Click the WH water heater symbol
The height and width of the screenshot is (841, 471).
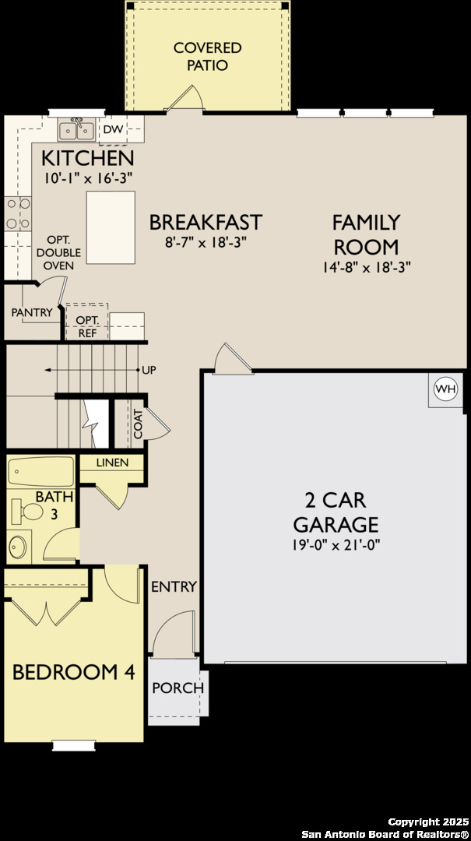tap(445, 389)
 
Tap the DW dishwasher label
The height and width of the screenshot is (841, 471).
tap(113, 130)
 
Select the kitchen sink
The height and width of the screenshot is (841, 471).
tap(77, 129)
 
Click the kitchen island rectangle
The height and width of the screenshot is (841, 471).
tap(111, 227)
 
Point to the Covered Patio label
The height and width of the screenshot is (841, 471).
tap(207, 57)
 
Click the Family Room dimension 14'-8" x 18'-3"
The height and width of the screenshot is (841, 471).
tap(366, 266)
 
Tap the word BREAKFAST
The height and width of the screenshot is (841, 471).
tap(206, 222)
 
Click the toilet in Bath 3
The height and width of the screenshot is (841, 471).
tap(28, 512)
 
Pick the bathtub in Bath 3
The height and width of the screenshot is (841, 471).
tap(40, 472)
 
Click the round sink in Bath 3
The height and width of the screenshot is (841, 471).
tap(17, 547)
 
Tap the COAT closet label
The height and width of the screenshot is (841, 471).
tap(138, 424)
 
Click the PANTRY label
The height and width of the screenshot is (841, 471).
tap(32, 312)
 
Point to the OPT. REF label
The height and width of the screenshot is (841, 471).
tap(86, 326)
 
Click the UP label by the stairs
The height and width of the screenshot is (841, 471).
tap(149, 370)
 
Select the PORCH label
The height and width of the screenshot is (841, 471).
tap(178, 688)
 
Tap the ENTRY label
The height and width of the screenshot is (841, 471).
tap(174, 586)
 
